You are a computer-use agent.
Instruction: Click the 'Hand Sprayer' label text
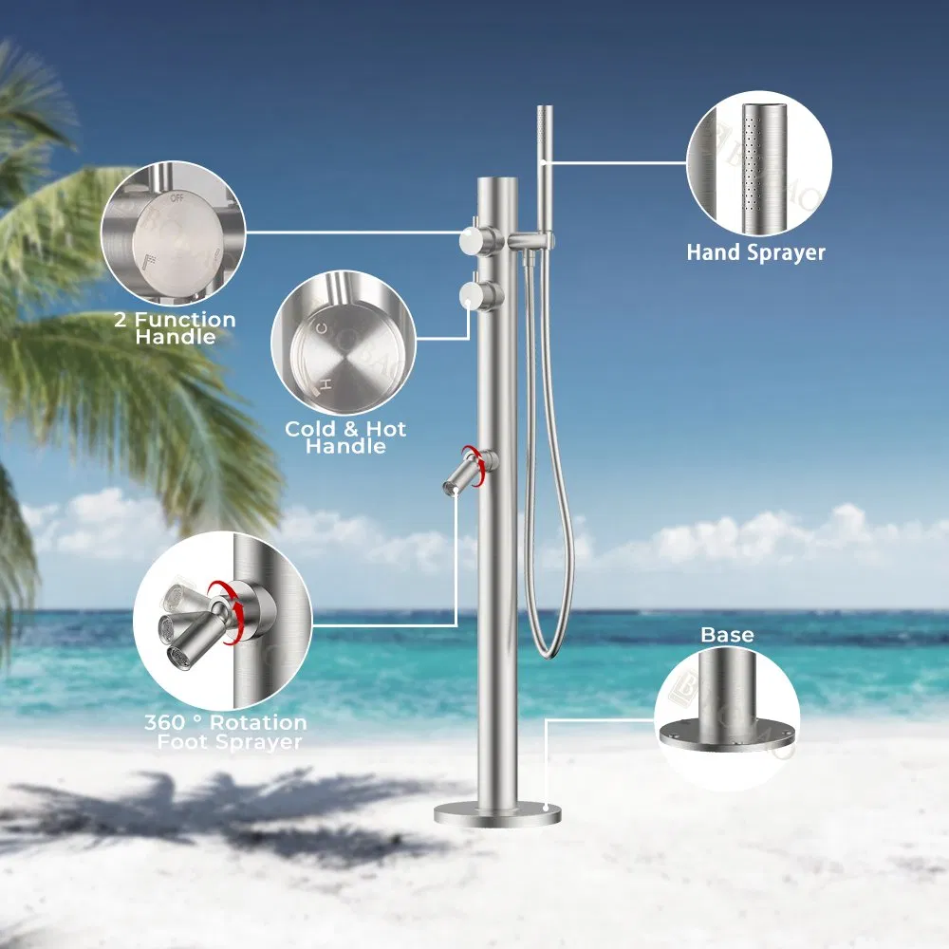coord(756,252)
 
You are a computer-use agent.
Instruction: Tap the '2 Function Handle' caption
coord(175,328)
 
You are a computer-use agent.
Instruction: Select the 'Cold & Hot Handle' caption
coord(345,437)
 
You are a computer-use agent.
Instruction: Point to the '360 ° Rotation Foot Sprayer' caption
coord(225,733)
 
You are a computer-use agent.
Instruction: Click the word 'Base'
coord(727,635)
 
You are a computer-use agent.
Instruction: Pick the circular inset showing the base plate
coord(727,719)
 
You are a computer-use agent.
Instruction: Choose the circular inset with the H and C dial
coord(344,343)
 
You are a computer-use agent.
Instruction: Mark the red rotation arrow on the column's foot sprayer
coord(489,462)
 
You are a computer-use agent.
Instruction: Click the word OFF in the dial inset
coord(177,199)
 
